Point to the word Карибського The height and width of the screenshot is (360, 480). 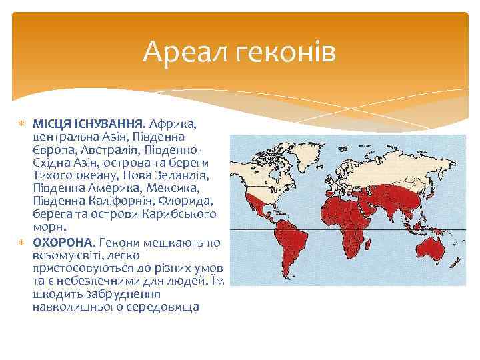(x=181, y=215)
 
